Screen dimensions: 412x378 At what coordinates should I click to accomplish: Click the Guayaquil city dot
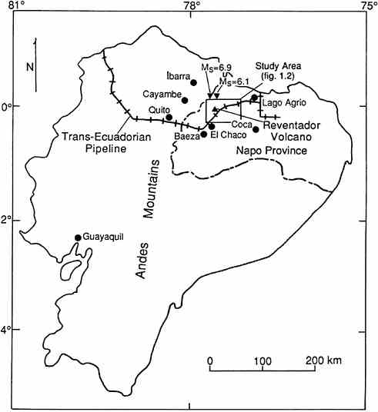(x=78, y=238)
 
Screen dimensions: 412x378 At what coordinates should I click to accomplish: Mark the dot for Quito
(x=169, y=118)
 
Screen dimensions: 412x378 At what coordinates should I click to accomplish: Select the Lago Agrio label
(x=284, y=102)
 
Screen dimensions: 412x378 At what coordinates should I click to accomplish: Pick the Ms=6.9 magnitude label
(x=217, y=68)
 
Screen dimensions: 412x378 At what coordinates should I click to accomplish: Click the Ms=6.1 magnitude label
(x=235, y=81)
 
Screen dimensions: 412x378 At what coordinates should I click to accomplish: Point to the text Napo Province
(x=271, y=151)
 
